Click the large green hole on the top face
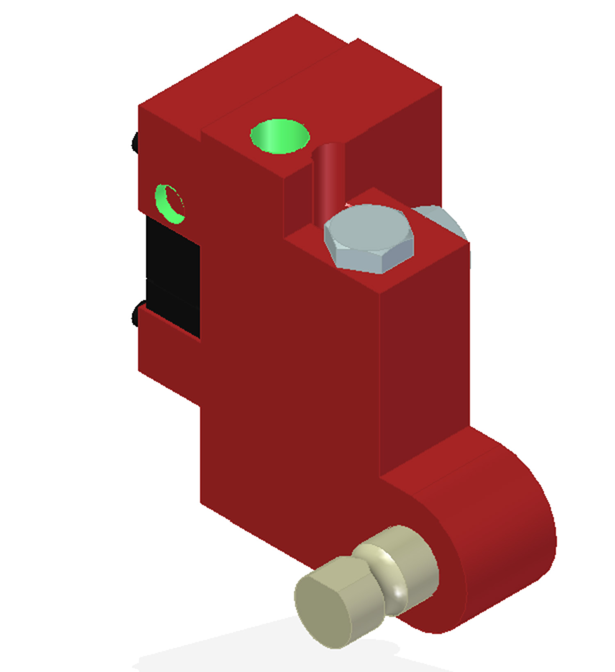(x=280, y=136)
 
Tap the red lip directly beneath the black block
(x=168, y=324)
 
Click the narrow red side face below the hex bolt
(x=424, y=369)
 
